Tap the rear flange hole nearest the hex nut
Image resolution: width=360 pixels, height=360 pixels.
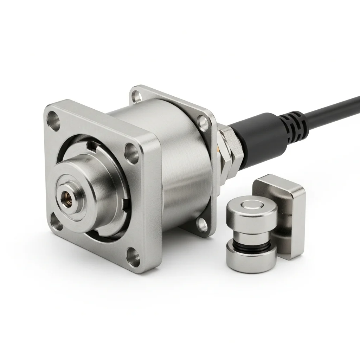click(x=203, y=122)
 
